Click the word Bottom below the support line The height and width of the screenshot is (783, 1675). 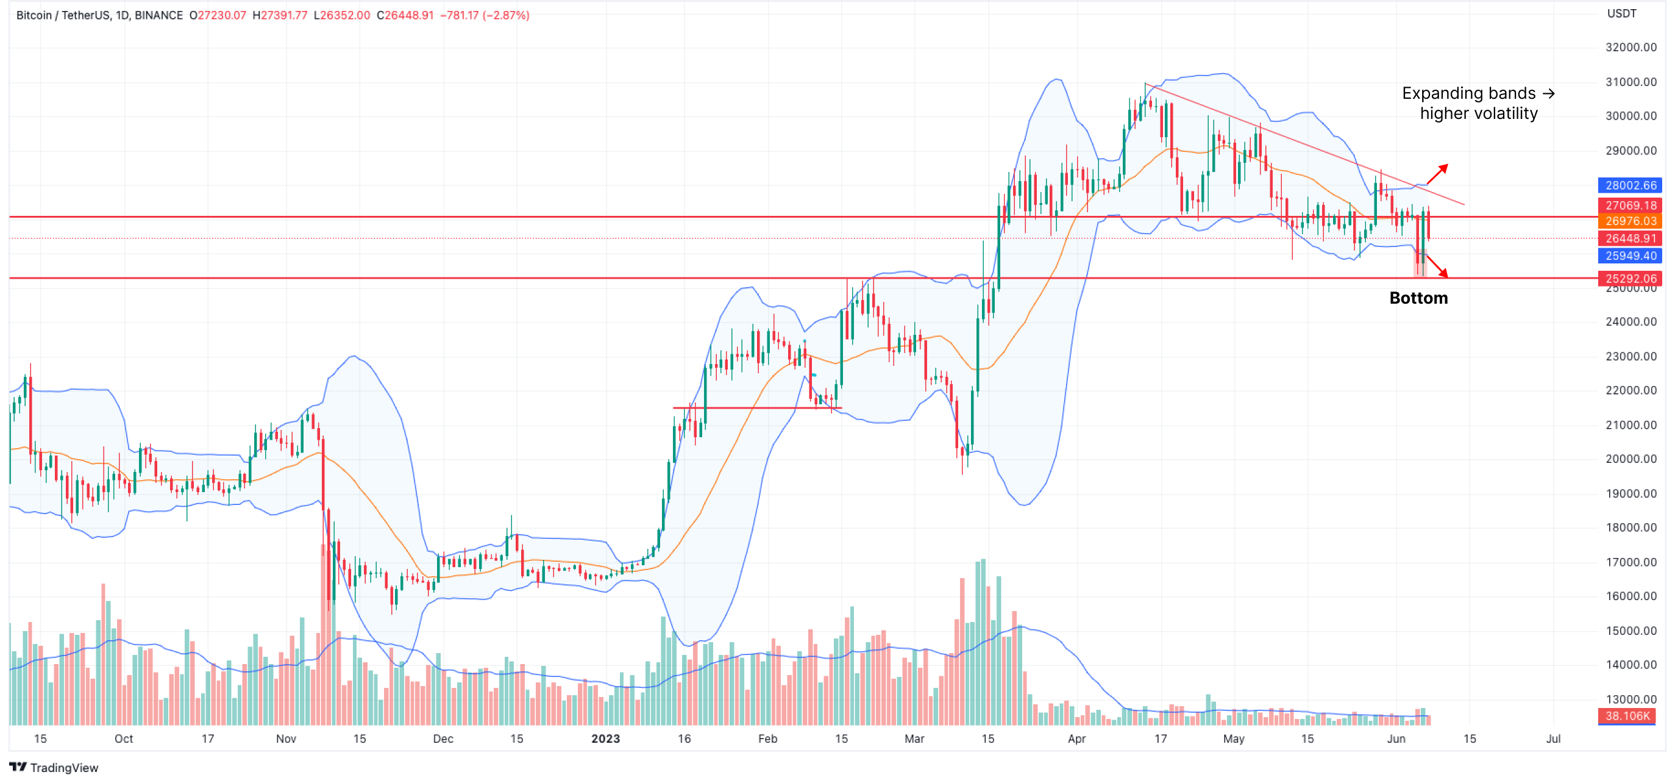1418,298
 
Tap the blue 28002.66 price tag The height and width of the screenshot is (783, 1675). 1629,185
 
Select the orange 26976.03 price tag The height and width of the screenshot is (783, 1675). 1629,221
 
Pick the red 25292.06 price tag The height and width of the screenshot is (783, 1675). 1629,278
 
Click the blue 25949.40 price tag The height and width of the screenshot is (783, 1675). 1629,256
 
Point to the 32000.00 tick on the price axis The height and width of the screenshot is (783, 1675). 1630,47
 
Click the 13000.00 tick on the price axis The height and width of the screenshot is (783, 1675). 1630,699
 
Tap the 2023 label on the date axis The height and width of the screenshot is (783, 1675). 605,738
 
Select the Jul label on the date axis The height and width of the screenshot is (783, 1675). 1552,738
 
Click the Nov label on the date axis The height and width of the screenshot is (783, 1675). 285,738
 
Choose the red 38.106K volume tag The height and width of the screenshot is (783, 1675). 1626,716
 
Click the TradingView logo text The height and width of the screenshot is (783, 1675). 64,768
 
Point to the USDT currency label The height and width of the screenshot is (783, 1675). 1622,13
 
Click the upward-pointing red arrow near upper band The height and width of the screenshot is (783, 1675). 1438,174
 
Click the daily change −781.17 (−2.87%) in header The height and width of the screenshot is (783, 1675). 485,15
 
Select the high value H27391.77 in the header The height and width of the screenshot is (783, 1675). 280,15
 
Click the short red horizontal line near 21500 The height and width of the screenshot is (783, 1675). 757,408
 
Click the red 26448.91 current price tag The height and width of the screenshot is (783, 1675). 1629,238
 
